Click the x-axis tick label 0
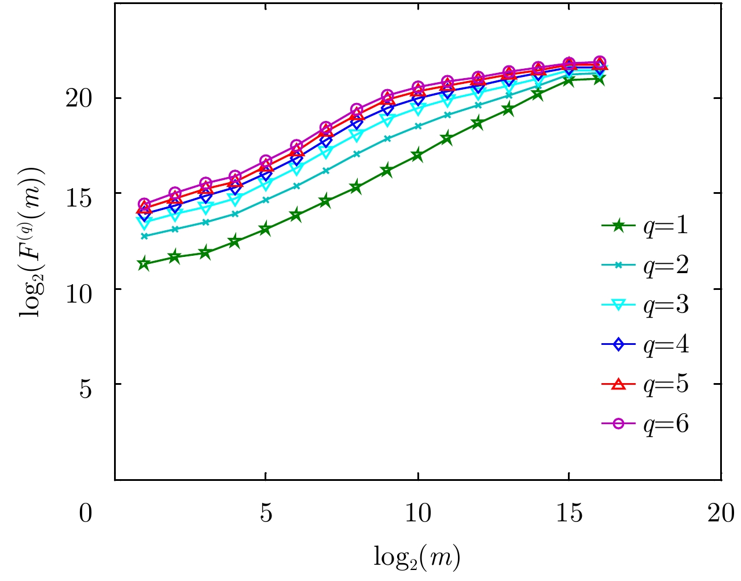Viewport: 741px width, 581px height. click(86, 513)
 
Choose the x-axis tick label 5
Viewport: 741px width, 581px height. click(266, 513)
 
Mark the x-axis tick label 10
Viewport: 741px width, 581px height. click(417, 513)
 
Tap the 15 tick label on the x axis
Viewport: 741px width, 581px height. click(569, 513)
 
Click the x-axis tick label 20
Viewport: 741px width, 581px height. click(721, 513)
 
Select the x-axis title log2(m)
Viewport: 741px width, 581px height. click(417, 557)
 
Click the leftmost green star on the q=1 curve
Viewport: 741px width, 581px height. click(144, 264)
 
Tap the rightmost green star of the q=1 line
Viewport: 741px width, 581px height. click(599, 79)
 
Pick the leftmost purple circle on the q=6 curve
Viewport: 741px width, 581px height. click(144, 204)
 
